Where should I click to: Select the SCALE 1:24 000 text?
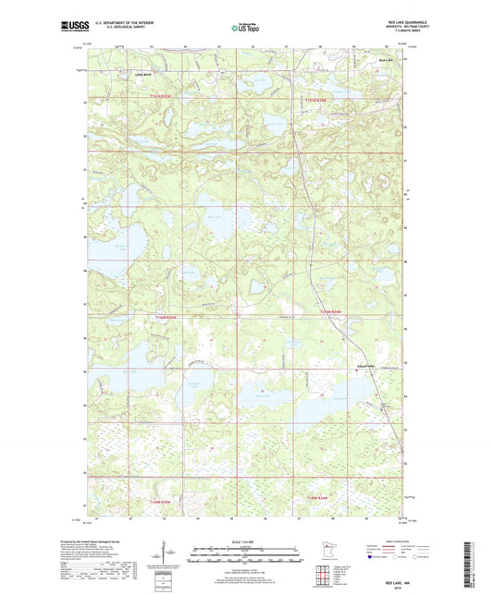click(x=245, y=540)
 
